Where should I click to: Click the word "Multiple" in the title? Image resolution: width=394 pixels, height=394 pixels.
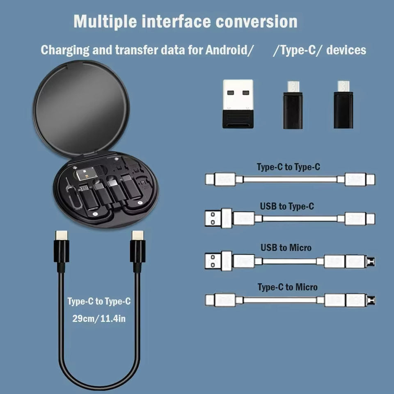coord(105,21)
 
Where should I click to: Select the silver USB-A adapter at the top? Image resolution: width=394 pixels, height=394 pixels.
coord(238,103)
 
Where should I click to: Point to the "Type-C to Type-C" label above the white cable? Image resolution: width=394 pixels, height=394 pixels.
coord(289,167)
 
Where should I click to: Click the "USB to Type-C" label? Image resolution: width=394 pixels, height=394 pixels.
coord(287,206)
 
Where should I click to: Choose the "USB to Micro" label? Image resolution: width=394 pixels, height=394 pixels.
coord(286,247)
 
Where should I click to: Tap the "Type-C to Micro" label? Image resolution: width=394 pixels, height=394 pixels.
coord(288,287)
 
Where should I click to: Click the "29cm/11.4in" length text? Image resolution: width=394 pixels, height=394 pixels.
coord(99,318)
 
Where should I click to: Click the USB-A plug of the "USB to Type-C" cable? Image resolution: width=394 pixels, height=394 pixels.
coord(213,218)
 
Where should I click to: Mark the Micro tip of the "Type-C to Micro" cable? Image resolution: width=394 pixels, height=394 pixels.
coord(372,300)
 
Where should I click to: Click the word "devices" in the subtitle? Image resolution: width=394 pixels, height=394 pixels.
coord(346,50)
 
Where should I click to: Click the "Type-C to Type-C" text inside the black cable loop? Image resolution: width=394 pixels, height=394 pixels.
coord(99,302)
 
